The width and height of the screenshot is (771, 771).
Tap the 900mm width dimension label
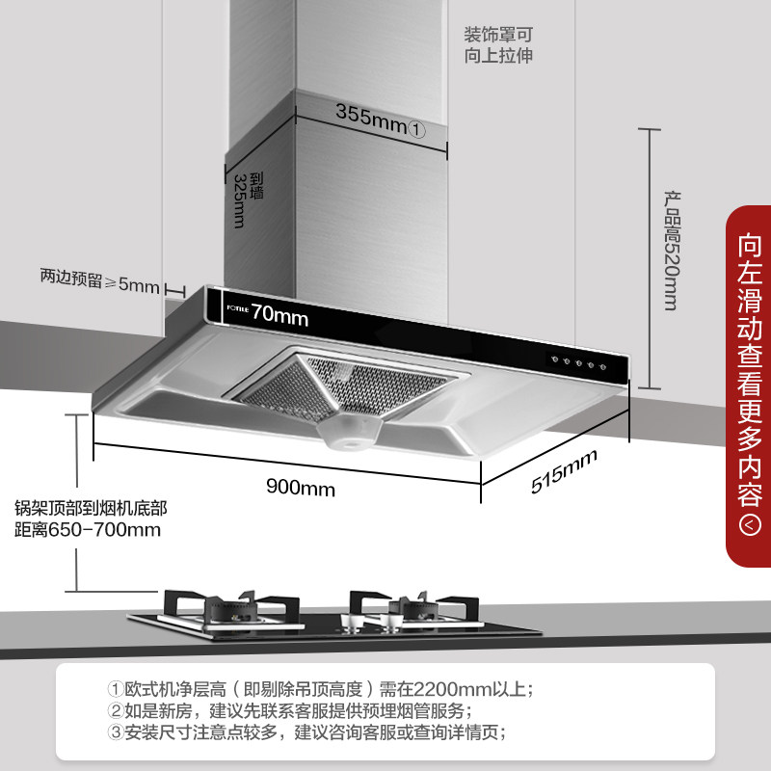(x=301, y=489)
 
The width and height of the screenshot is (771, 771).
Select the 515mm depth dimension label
(x=564, y=472)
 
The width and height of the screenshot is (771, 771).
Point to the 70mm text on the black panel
(x=280, y=315)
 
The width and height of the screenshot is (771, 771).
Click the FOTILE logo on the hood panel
(x=237, y=310)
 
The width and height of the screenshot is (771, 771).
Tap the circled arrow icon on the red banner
(x=748, y=525)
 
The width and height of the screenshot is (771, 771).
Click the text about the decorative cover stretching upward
(x=498, y=44)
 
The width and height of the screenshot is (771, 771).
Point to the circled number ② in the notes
(x=116, y=711)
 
